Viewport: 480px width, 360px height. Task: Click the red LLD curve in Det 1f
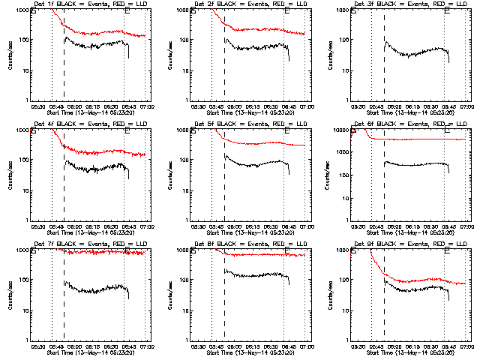pyautogui.click(x=97, y=34)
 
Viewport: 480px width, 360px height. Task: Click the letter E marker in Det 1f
pyautogui.click(x=127, y=13)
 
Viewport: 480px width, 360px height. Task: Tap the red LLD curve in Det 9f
pyautogui.click(x=420, y=283)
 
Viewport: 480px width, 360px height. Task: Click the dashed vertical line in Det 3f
pyautogui.click(x=384, y=67)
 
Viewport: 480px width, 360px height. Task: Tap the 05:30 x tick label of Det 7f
pyautogui.click(x=37, y=346)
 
